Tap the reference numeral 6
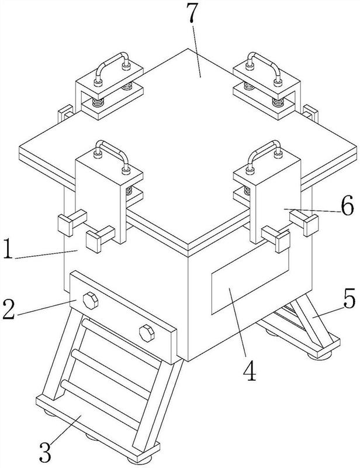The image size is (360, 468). pos(348,205)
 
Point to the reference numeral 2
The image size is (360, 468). pos(9,309)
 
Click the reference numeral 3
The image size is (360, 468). pos(46,452)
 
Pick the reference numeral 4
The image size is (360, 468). pos(250,370)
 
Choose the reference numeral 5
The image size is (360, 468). pos(349,298)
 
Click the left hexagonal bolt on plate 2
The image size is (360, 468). pos(91,301)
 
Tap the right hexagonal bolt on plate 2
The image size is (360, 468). pos(147,333)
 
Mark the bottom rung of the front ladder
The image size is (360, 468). pos(101,401)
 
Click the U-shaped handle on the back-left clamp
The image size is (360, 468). pos(112,67)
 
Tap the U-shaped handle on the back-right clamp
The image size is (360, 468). pos(264,67)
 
